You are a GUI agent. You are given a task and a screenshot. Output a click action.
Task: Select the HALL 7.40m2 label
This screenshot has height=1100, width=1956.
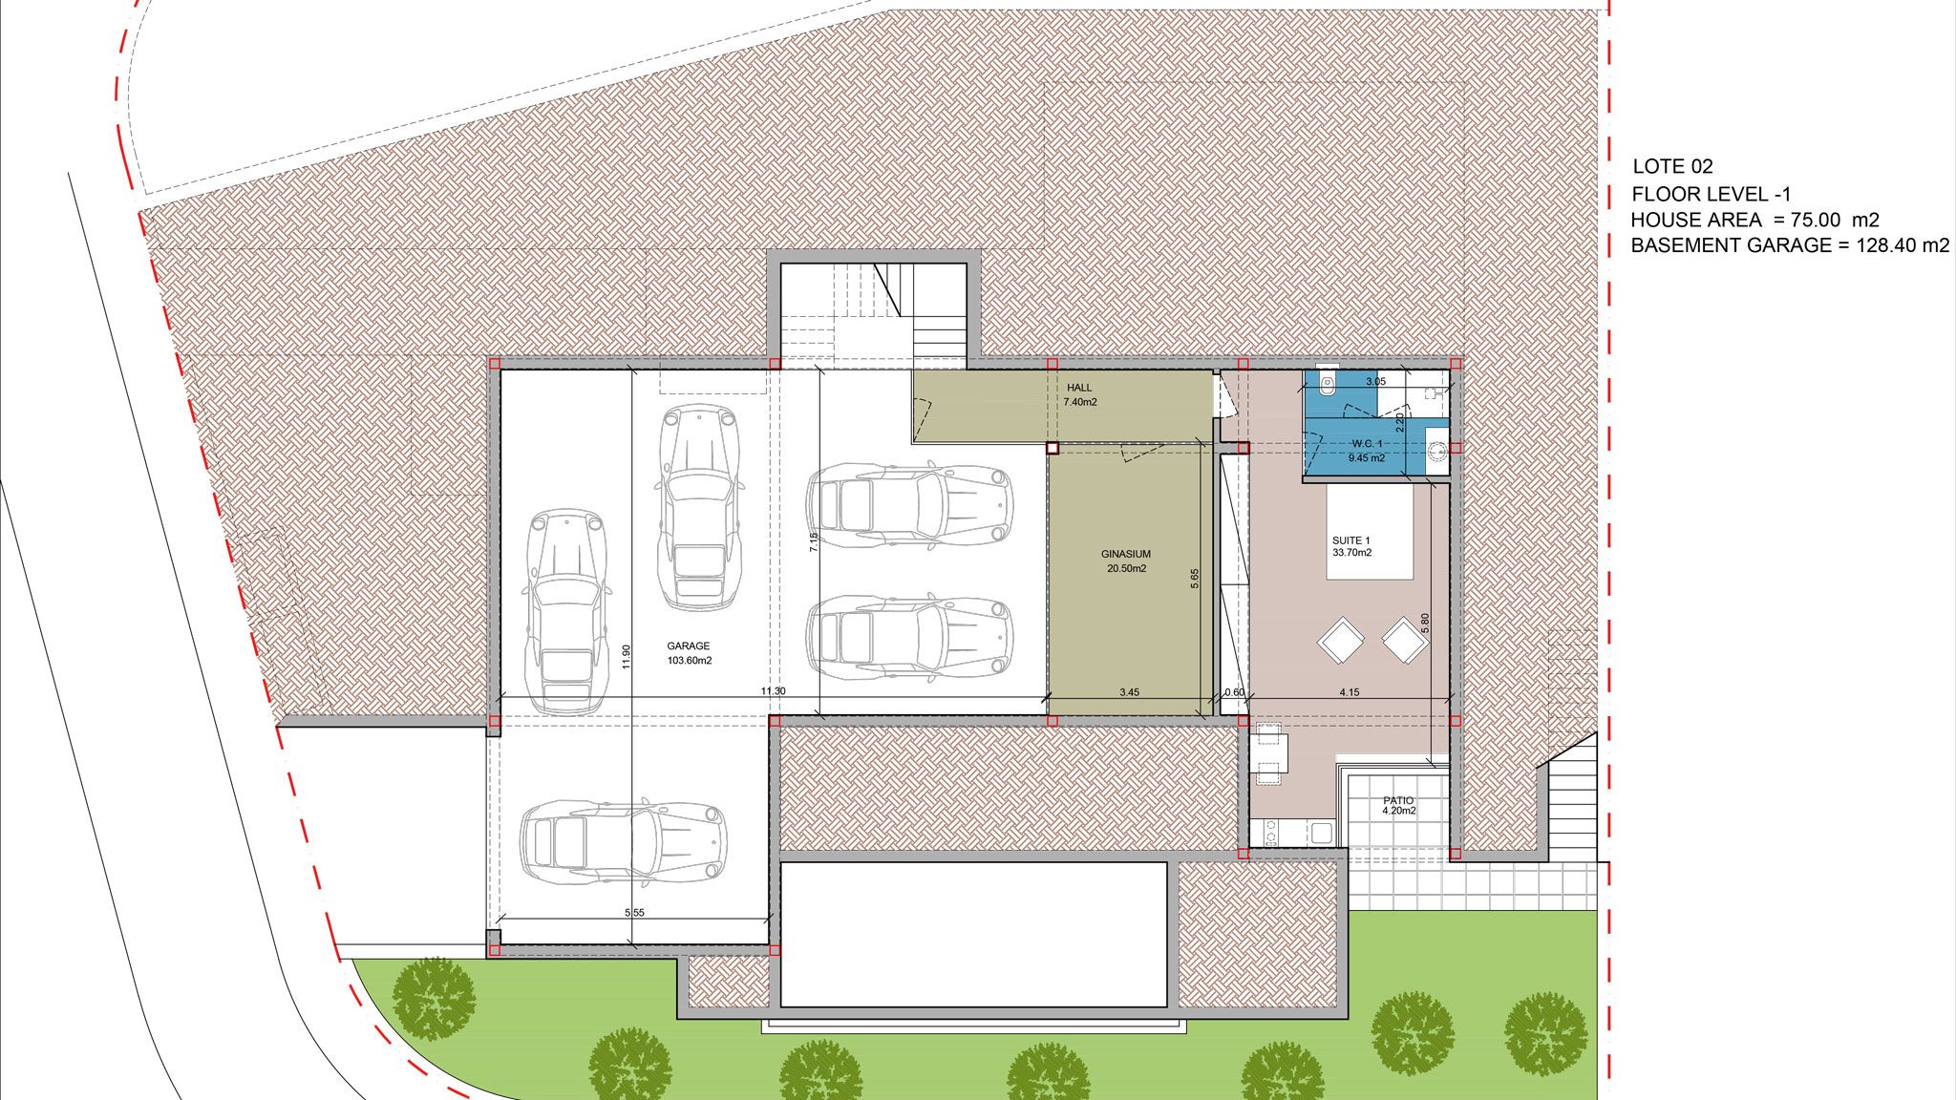(x=1079, y=395)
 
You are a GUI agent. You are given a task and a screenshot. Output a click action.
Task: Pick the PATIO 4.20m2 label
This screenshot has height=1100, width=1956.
(x=1398, y=806)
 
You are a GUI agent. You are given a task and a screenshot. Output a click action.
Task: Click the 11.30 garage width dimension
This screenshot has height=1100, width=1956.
(x=773, y=691)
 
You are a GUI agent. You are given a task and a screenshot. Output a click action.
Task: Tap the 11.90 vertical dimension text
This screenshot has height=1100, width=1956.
(x=627, y=657)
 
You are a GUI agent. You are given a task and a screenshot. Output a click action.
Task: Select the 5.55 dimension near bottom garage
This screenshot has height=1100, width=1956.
(x=634, y=913)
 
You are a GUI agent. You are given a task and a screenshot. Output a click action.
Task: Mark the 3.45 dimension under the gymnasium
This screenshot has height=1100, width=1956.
(x=1129, y=692)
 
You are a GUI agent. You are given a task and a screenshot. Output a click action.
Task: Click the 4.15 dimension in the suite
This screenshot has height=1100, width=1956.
(x=1349, y=692)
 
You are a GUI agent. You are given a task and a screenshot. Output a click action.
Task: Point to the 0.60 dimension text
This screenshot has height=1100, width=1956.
(x=1234, y=692)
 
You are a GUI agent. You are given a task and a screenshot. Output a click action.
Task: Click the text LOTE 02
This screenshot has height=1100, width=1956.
(x=1672, y=167)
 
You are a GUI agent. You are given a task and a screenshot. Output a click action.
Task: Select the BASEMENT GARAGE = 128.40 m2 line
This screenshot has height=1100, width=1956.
(x=1790, y=245)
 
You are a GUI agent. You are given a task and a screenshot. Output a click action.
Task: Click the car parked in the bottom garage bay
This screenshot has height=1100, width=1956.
(x=623, y=841)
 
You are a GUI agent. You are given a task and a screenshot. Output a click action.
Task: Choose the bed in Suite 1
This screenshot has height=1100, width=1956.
(x=1370, y=531)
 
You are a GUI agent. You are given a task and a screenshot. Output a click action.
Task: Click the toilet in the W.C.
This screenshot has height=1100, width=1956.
(x=1327, y=384)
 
